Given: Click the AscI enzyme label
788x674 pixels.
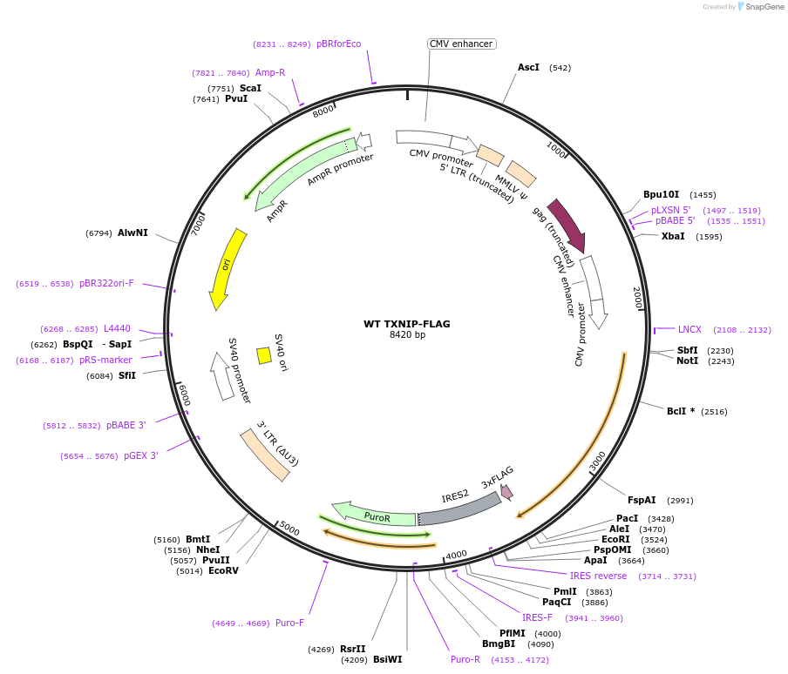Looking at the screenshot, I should tap(528, 67).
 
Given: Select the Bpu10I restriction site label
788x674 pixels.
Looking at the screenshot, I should tap(661, 195).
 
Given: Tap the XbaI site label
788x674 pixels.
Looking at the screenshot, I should tap(673, 236).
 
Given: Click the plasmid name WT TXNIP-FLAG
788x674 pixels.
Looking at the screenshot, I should tap(407, 324).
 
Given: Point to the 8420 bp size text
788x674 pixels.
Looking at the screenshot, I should tap(407, 335).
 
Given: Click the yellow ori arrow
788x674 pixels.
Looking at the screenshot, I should tap(226, 267).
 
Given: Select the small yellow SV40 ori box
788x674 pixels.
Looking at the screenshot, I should tap(263, 355).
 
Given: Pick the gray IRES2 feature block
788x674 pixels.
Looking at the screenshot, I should tap(459, 510).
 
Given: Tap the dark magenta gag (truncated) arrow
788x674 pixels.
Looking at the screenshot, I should tap(567, 225).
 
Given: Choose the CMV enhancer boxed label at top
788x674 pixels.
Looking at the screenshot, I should tap(461, 44).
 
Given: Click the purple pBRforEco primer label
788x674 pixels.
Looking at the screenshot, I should tap(338, 44).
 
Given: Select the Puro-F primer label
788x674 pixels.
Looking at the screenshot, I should tap(289, 623).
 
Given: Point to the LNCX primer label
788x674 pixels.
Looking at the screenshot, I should tap(689, 329).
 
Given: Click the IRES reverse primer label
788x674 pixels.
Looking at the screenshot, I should tap(598, 576).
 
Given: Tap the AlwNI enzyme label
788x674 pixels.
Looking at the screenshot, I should tap(132, 233).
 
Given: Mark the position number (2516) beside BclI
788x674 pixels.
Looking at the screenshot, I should tap(714, 411).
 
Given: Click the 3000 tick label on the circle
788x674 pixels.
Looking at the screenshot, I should tap(597, 460).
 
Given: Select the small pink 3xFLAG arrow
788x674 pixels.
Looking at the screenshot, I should tap(506, 492).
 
